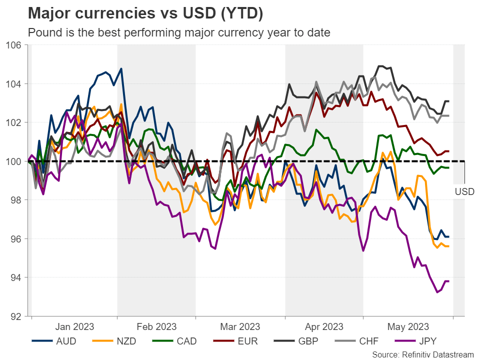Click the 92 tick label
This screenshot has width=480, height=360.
(15, 316)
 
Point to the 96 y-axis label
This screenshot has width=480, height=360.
(15, 239)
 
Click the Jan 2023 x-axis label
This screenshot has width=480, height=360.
(74, 327)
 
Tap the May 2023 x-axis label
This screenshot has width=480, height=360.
(408, 327)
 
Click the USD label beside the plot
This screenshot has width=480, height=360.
(464, 191)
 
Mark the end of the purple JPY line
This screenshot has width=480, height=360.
(448, 281)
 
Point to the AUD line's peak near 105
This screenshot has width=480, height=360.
(121, 68)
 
